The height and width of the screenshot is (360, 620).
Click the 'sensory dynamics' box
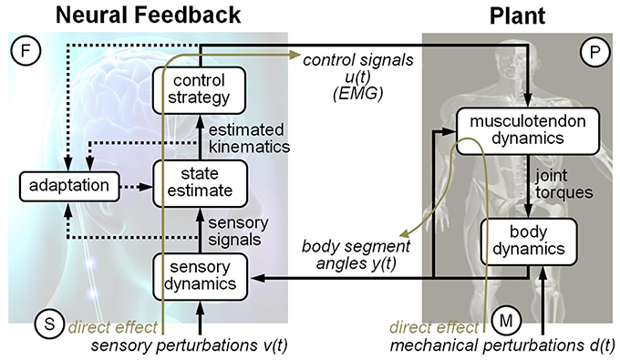tap(198, 273)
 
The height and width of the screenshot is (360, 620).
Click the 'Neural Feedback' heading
tap(124, 15)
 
